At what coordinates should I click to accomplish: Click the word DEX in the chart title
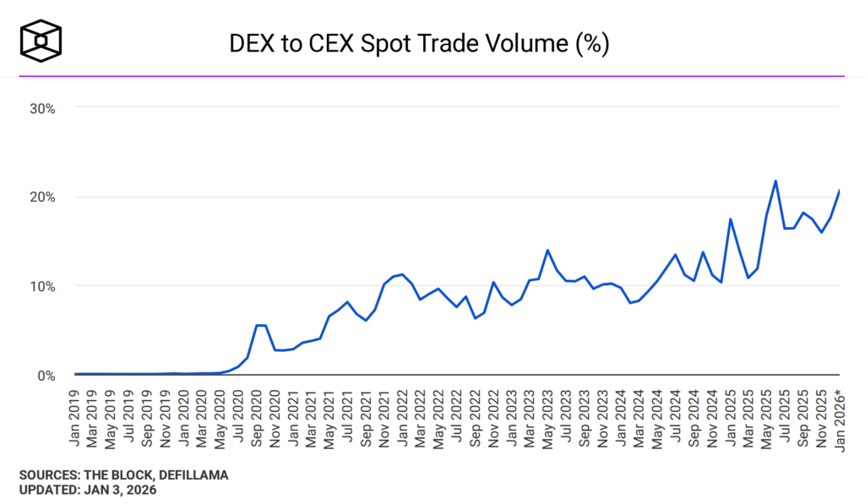pos(251,44)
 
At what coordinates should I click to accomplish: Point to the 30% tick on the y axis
pos(41,108)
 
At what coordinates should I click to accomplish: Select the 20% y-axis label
pos(41,197)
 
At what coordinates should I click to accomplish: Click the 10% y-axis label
pos(41,286)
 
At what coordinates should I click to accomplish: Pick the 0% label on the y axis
pos(45,375)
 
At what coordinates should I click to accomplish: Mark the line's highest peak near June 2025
pos(775,181)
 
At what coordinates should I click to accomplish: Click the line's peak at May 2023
pos(547,250)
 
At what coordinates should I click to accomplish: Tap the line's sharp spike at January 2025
pos(730,219)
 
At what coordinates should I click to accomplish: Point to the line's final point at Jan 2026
pos(839,191)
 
